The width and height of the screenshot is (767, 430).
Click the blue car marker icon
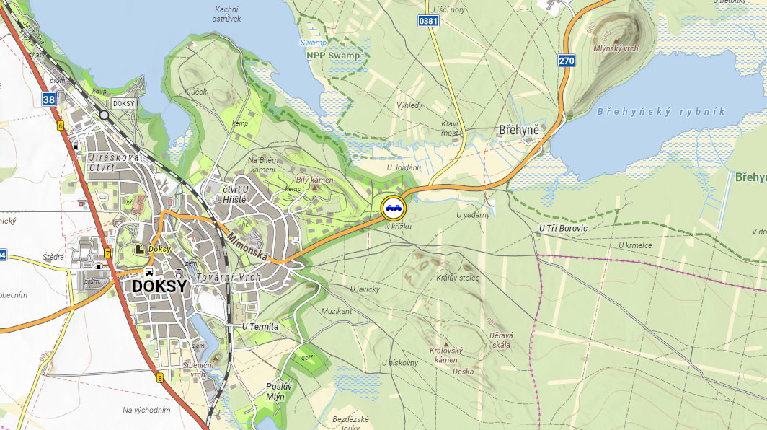point(394,208)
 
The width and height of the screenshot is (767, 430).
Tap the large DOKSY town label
point(159,286)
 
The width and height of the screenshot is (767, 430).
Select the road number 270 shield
point(567,61)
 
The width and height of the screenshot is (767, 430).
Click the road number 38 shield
point(48,100)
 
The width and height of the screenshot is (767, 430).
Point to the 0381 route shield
point(427,22)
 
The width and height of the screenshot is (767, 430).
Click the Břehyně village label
point(519,131)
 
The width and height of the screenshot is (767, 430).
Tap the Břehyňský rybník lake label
point(661,112)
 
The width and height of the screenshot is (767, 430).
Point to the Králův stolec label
point(458,278)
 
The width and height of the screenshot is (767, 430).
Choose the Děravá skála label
point(500,340)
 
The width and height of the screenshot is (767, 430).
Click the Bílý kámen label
point(314,180)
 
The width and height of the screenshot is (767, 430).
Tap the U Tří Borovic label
point(564,228)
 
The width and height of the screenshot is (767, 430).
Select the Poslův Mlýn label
point(275,391)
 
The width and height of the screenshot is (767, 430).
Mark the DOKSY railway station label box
point(124,104)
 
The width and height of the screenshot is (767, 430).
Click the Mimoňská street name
point(247,247)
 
